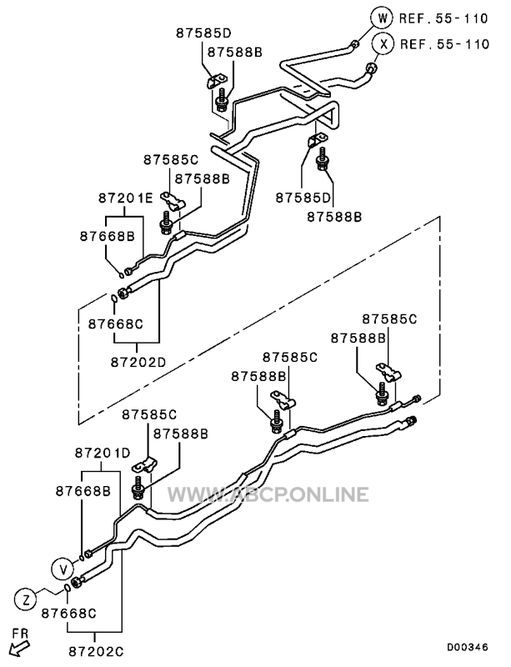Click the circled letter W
point(383,18)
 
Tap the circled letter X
point(383,44)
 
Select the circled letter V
point(63,569)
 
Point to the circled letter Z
point(26,600)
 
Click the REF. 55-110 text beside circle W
point(443,18)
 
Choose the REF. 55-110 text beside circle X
point(444,44)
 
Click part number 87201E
point(126,198)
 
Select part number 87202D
point(138,362)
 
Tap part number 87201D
point(103,453)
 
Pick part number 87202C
point(96,651)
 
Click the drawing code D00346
point(467,648)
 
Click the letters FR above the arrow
point(19,634)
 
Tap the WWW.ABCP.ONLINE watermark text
point(268,494)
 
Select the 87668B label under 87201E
point(108,237)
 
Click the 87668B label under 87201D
point(83,491)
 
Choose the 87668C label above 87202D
point(116,324)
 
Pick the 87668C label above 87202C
point(68,614)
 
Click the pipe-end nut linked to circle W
point(354,44)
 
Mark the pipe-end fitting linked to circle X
point(371,68)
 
